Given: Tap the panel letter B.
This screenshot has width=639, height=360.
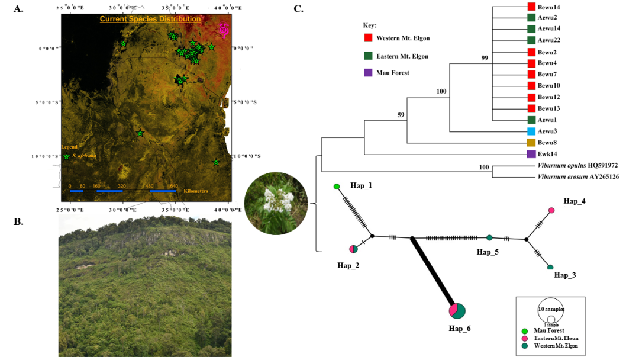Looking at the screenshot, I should pyautogui.click(x=18, y=221).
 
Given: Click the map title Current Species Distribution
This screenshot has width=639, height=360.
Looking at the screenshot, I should pyautogui.click(x=150, y=19).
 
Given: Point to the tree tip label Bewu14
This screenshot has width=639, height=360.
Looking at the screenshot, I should pyautogui.click(x=548, y=7).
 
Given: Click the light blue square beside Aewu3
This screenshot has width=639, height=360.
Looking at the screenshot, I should pyautogui.click(x=531, y=131).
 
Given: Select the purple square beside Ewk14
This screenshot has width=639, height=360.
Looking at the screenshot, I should pyautogui.click(x=531, y=154).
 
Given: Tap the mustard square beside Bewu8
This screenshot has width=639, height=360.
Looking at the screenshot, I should pyautogui.click(x=531, y=143).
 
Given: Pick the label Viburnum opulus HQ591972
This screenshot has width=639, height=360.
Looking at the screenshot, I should pyautogui.click(x=577, y=165).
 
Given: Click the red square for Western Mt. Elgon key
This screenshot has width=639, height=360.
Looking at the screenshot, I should pyautogui.click(x=368, y=38).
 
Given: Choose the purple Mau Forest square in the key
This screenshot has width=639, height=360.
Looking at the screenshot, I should pyautogui.click(x=368, y=73).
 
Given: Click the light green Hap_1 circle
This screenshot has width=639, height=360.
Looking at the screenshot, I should pyautogui.click(x=337, y=187).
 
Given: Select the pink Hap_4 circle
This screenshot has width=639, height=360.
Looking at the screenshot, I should pyautogui.click(x=551, y=210).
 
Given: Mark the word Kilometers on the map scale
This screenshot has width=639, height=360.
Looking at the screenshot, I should pyautogui.click(x=195, y=191).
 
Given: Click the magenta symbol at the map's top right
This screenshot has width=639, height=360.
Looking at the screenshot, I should pyautogui.click(x=224, y=30).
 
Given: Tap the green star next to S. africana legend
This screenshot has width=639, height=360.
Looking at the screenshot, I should pyautogui.click(x=66, y=156).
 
